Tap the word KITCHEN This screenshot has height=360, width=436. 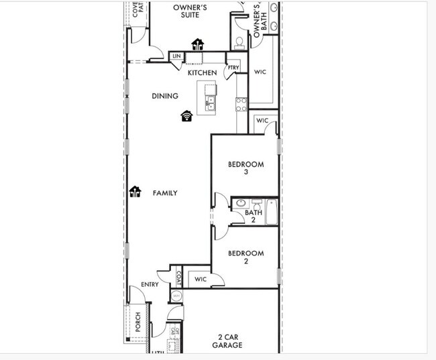[x=202, y=72]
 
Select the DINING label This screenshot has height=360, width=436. [x=165, y=97]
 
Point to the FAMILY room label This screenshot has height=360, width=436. [x=165, y=193]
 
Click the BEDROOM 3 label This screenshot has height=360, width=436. [x=246, y=168]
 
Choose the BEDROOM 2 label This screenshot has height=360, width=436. [x=246, y=257]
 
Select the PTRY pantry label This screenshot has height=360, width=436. [x=233, y=68]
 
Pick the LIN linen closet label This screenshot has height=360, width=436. [x=176, y=56]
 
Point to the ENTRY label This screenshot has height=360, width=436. [x=150, y=284]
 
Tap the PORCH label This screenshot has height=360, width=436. [x=138, y=322]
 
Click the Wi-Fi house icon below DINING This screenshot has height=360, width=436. [x=186, y=117]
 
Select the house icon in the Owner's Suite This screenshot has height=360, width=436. [x=197, y=44]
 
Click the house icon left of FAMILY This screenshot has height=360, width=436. [x=135, y=192]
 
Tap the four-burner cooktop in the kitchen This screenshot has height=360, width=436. [x=241, y=103]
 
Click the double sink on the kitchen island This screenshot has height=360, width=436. [x=210, y=103]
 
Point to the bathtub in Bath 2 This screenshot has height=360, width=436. [x=272, y=212]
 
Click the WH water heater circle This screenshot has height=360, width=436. [x=176, y=295]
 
